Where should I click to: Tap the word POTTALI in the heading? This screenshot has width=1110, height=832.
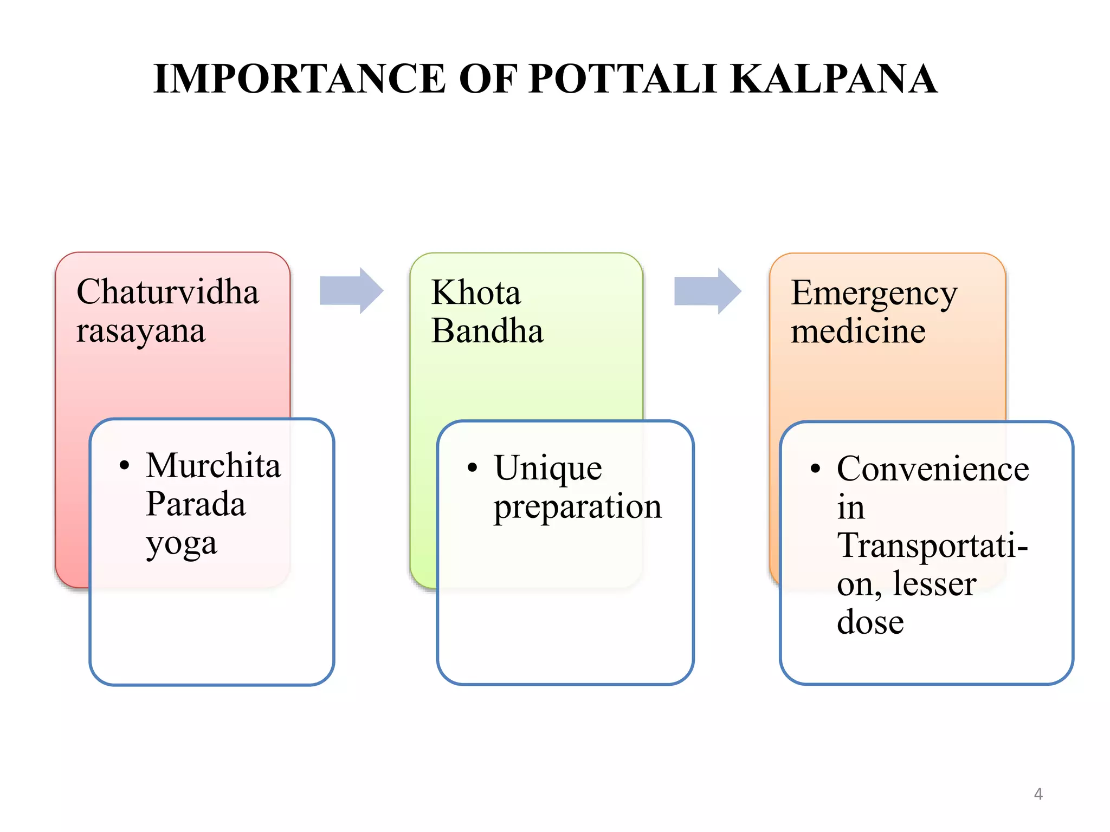(x=623, y=79)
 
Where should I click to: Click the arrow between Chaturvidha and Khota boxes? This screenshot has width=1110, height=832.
(x=351, y=291)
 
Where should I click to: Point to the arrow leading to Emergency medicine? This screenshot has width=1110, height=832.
(x=707, y=291)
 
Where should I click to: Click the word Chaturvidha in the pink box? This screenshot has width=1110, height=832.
(x=167, y=292)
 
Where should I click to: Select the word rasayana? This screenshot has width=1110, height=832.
(x=141, y=331)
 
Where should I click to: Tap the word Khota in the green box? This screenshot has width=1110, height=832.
(x=476, y=293)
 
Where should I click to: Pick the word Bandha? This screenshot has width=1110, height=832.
(x=487, y=331)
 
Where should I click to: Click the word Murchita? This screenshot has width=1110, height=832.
(x=214, y=466)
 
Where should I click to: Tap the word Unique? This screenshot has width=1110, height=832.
(x=548, y=469)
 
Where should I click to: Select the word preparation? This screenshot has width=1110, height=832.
(x=577, y=508)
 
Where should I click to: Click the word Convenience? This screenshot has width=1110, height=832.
(x=933, y=469)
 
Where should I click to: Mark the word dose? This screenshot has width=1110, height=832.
(x=870, y=622)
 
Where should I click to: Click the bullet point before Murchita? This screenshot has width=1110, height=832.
(x=125, y=465)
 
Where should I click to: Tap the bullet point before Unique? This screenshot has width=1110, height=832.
(x=473, y=467)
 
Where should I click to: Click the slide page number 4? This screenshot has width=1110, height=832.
(x=1038, y=794)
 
